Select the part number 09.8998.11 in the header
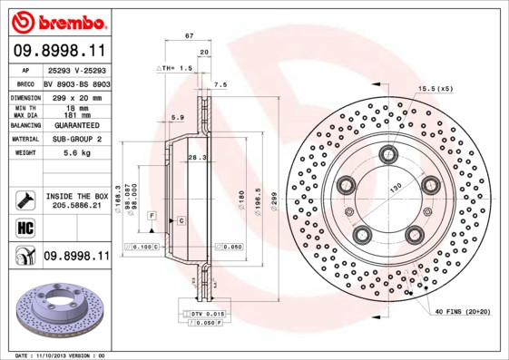point(60,51)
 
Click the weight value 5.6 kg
point(75,153)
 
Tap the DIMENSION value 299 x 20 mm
point(76,96)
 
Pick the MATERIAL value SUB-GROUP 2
point(76,139)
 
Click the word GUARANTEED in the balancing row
point(76,124)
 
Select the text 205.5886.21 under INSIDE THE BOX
point(76,206)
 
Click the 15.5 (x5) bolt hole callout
point(436,87)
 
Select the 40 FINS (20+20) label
point(462,312)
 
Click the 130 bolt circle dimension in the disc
point(396,187)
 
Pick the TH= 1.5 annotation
point(177,68)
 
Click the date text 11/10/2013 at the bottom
point(59,355)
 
